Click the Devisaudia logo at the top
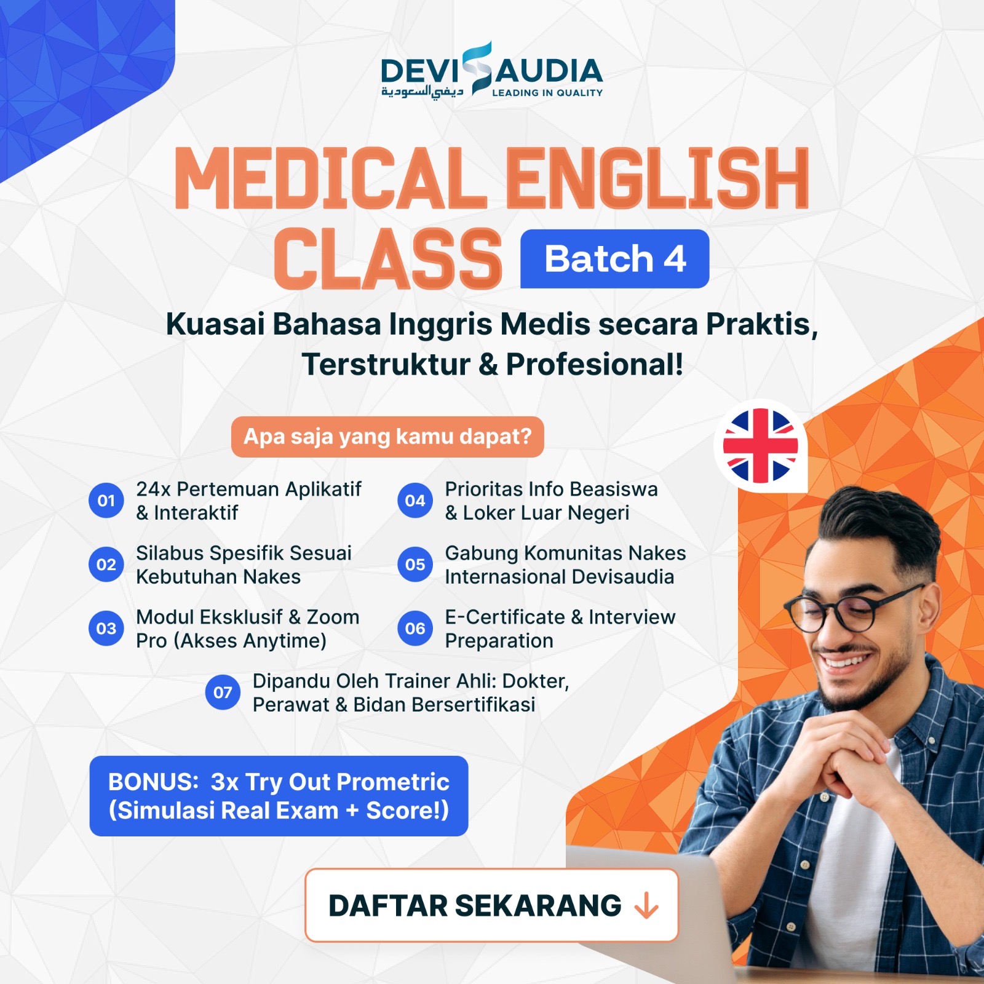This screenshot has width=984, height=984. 491,71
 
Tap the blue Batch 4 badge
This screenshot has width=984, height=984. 614,259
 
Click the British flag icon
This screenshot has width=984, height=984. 760,446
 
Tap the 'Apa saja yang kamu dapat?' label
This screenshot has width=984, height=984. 387,437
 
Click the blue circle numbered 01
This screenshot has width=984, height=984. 106,501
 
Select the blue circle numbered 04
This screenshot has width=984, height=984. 415,501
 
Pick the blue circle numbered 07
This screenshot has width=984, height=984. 223,692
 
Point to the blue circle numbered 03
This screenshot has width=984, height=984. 106,629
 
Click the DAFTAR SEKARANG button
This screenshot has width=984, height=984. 491,905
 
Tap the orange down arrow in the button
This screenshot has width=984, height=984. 646,906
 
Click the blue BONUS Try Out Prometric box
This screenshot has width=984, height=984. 279,796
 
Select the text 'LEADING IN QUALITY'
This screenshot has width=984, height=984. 547,93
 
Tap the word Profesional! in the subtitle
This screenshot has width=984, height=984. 594,364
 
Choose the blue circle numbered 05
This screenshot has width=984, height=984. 415,565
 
